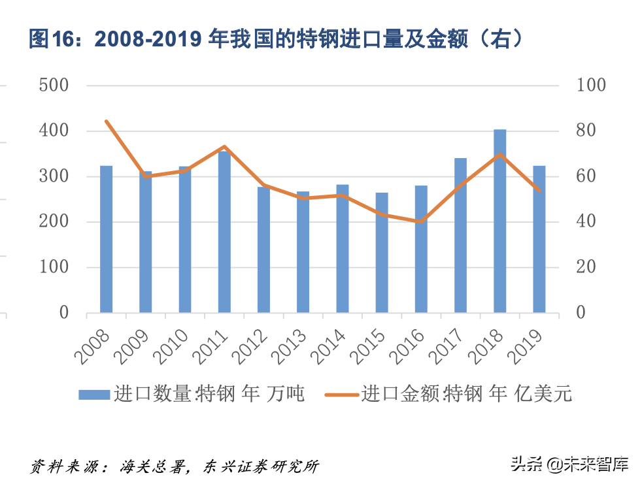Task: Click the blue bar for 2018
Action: click(499, 222)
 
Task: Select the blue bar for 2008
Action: click(106, 239)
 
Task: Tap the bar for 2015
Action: click(382, 253)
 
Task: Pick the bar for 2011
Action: click(224, 232)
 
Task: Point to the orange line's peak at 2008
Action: click(106, 121)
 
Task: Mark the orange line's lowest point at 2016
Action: click(421, 221)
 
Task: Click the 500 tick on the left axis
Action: click(54, 86)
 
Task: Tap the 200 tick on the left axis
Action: click(54, 222)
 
